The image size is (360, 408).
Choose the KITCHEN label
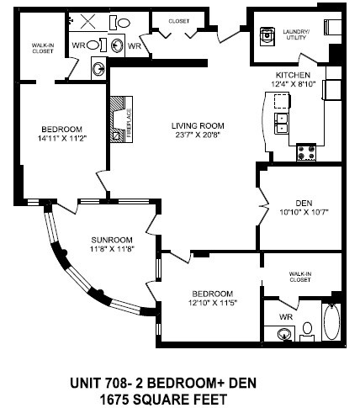[293, 75]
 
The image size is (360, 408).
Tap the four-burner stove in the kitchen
[307, 153]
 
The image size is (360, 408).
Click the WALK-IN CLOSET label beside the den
[306, 278]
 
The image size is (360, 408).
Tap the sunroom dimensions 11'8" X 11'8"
[112, 248]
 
